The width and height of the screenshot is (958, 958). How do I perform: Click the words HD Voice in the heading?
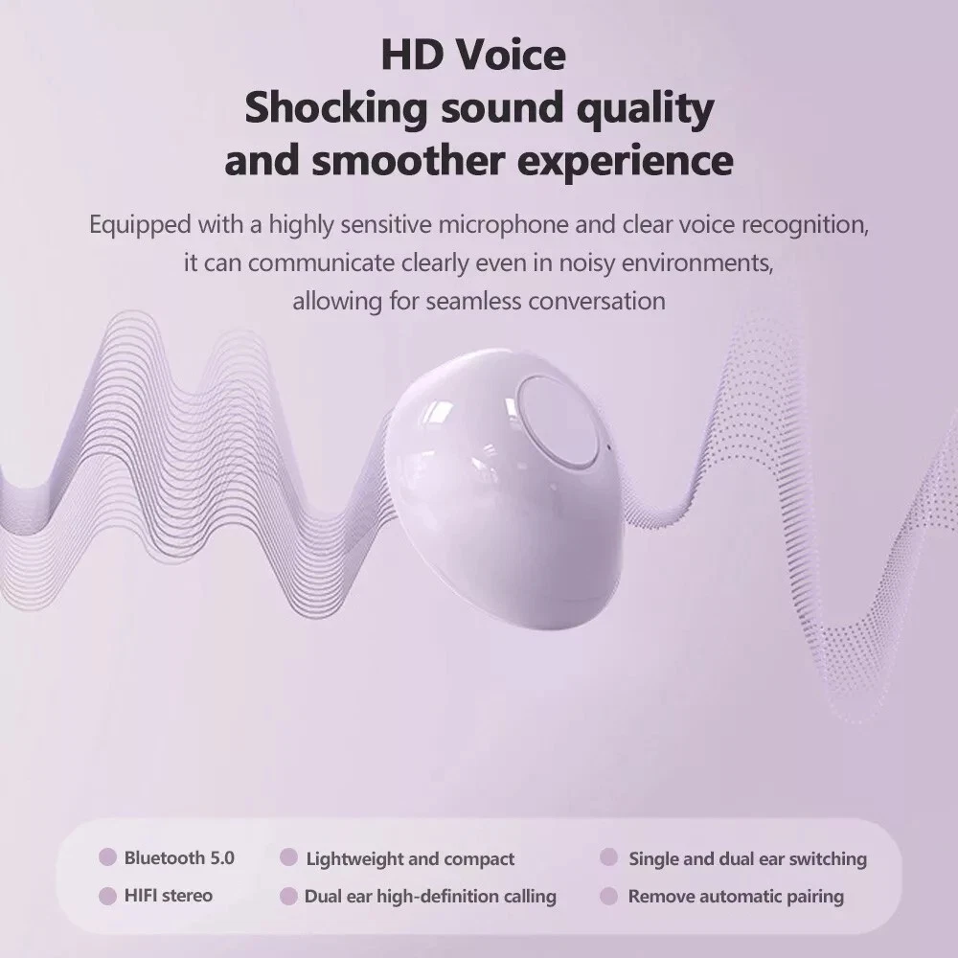pos(473,55)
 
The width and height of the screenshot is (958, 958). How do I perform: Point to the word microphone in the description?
pos(504,225)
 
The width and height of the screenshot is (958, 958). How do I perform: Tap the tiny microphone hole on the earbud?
pos(608,446)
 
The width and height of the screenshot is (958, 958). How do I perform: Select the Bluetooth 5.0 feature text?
pos(179,857)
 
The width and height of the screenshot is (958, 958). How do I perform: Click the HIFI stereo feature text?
pos(168,896)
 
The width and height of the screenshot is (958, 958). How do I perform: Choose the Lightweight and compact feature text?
pos(410,859)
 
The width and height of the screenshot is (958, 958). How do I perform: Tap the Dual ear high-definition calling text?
pos(430,897)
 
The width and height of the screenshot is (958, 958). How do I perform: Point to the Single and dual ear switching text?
pos(748,859)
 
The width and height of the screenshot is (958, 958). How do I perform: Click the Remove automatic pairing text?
pos(736,897)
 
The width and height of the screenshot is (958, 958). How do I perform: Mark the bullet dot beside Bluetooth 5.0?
pos(107,857)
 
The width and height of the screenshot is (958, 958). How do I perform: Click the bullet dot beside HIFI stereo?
pos(107,897)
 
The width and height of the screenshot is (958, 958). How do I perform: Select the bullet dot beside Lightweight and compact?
pos(288,857)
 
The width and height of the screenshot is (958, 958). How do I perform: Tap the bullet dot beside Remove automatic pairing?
pos(608,897)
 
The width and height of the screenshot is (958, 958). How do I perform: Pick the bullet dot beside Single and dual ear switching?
pos(608,857)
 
